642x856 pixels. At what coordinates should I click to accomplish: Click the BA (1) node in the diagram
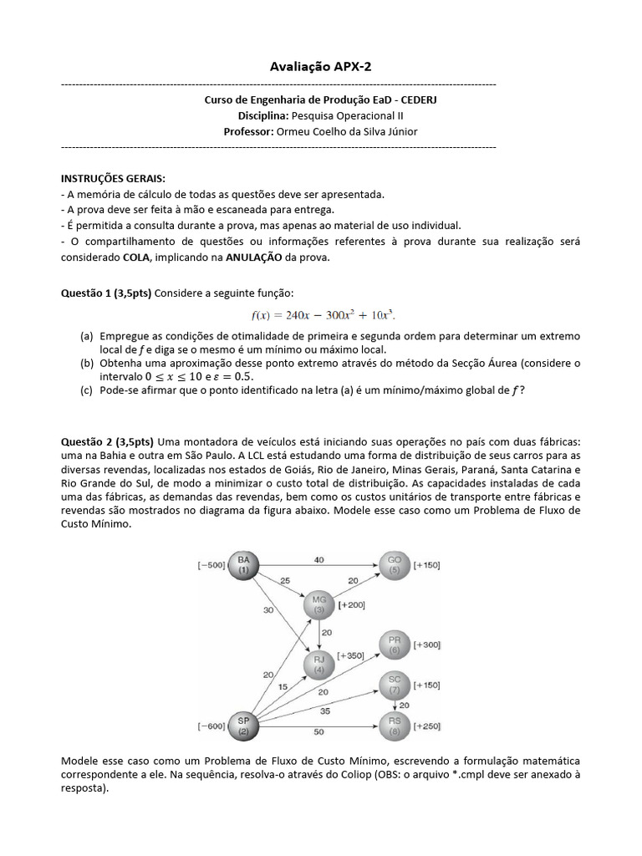[x=244, y=564]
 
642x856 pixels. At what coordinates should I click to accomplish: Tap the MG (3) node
[x=318, y=604]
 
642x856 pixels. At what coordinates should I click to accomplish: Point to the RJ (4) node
[x=318, y=665]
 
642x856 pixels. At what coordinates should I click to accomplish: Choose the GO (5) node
[x=395, y=564]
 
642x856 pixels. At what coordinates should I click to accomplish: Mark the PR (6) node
[x=395, y=645]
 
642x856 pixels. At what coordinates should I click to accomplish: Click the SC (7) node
[x=395, y=685]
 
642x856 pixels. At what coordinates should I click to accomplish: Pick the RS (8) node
[x=395, y=725]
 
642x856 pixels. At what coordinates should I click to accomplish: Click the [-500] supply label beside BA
[x=211, y=565]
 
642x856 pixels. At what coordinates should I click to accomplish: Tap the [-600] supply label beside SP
[x=211, y=726]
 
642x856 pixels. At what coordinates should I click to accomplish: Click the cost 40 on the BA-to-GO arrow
[x=318, y=558]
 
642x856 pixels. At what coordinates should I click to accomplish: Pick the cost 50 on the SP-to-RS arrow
[x=318, y=731]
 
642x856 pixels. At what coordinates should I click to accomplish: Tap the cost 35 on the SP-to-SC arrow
[x=324, y=711]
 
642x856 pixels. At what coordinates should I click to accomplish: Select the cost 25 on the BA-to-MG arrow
[x=285, y=579]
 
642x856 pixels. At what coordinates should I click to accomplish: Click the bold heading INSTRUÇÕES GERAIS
[x=113, y=178]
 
